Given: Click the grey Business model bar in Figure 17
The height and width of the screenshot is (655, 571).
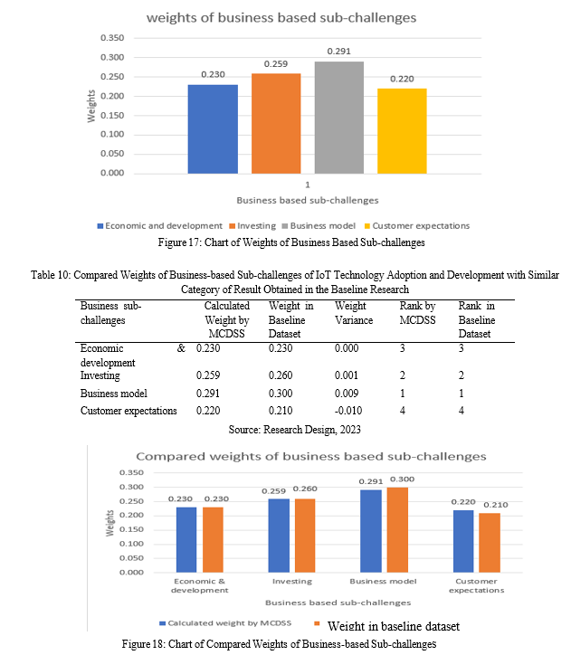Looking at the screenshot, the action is pos(339,118).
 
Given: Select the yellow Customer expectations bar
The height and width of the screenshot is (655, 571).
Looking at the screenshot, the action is pos(402,131).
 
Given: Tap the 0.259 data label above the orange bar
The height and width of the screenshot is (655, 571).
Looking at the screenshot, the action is pos(276,64).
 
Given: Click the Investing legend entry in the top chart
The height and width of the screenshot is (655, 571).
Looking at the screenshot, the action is pos(252,226).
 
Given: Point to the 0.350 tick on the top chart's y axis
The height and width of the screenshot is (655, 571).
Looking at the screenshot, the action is pos(112,38).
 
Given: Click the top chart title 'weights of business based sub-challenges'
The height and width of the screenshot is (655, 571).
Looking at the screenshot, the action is pos(281,18).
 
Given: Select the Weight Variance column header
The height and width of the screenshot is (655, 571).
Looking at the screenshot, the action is pos(354,313).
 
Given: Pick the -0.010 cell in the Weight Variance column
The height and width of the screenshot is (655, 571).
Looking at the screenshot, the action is pos(348,411).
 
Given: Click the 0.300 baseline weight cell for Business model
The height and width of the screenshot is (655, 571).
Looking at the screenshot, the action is pos(281,394).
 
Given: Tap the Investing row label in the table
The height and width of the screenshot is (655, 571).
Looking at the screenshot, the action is pos(100,375).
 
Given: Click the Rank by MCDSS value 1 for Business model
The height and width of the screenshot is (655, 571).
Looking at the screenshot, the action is pos(403,394).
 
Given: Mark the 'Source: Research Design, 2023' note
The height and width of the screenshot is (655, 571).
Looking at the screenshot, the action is pos(294,430).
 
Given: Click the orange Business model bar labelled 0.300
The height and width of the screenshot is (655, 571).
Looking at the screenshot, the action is pos(397,529).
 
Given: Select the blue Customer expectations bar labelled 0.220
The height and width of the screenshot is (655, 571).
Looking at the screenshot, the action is pos(463,541).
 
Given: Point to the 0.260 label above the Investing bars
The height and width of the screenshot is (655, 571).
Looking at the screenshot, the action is pos(305,489).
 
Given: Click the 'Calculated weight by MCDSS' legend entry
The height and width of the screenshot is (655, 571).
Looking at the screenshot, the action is pos(225,622).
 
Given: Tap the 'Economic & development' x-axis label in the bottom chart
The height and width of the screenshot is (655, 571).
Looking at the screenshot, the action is pos(200,585).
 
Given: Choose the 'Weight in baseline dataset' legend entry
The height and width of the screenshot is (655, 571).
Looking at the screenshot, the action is pos(386,626).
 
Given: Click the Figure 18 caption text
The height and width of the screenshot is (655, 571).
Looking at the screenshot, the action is pos(279,644).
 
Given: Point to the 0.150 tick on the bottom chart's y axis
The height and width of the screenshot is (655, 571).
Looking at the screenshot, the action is pos(131,529).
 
